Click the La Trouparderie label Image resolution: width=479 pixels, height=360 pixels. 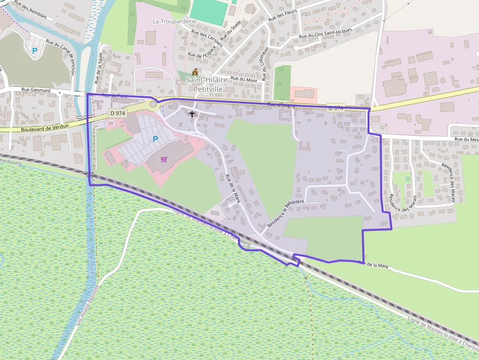click(174, 21)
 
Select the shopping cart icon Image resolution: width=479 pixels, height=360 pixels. click(164, 159)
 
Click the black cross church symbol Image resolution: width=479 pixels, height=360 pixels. click(192, 114)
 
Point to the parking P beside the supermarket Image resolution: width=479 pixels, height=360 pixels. click(155, 139)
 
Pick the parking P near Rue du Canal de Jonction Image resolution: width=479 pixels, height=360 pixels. click(34, 50)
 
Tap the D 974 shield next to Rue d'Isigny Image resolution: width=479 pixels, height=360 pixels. click(336, 107)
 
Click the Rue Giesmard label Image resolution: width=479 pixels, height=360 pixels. click(33, 90)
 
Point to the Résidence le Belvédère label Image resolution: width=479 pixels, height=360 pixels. click(285, 215)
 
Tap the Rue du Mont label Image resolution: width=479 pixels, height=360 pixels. click(244, 79)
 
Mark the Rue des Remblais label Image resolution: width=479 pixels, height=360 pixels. click(30, 9)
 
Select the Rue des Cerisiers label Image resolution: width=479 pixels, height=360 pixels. click(207, 39)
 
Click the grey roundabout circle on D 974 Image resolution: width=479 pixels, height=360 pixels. click(153, 104)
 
